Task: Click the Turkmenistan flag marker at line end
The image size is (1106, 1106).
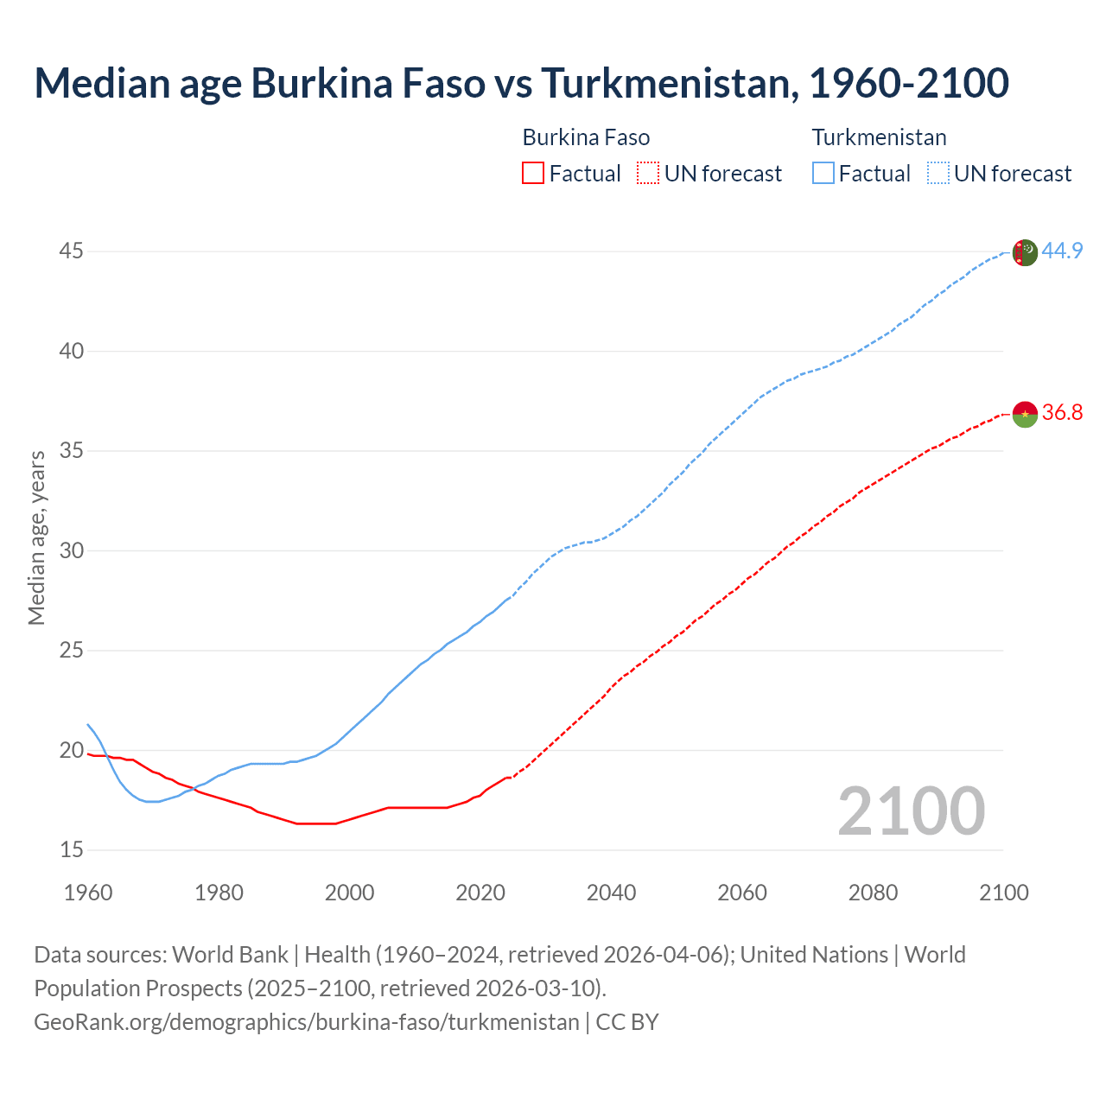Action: [x=1024, y=252]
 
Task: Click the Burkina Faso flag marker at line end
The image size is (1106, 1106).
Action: [x=1024, y=414]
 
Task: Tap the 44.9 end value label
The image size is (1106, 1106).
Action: [x=1062, y=251]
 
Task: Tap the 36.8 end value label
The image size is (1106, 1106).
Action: [x=1062, y=413]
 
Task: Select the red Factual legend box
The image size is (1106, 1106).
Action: [x=533, y=174]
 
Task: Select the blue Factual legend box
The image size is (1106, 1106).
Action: [x=823, y=174]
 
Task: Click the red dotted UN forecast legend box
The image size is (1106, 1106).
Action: [x=648, y=174]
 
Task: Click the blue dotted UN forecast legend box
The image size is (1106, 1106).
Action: [x=938, y=174]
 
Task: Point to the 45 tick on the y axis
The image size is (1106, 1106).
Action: [x=71, y=251]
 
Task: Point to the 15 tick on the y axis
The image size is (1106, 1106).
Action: [x=71, y=850]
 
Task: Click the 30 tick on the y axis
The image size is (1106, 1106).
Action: [x=71, y=551]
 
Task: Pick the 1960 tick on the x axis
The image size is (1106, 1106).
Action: [x=88, y=893]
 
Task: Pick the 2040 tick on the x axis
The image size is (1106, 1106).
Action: [x=611, y=893]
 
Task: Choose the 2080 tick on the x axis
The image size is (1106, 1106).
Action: [x=873, y=893]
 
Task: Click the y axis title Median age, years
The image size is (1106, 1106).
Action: [x=36, y=537]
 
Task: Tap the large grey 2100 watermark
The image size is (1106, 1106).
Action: [x=911, y=811]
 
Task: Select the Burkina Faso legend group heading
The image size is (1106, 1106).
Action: [x=586, y=137]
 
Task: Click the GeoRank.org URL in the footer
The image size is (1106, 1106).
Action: [x=306, y=1022]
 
